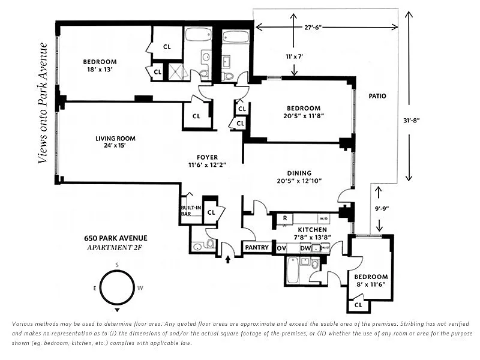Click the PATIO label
377,96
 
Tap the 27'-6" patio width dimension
313,27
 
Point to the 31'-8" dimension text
411,121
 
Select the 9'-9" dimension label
382,208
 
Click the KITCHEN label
312,230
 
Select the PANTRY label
257,247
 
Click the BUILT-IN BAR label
191,211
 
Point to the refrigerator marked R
284,218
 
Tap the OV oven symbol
281,248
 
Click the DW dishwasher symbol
305,248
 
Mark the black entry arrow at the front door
228,260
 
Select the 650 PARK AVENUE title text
116,238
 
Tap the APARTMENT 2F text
115,248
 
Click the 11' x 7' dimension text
294,56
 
